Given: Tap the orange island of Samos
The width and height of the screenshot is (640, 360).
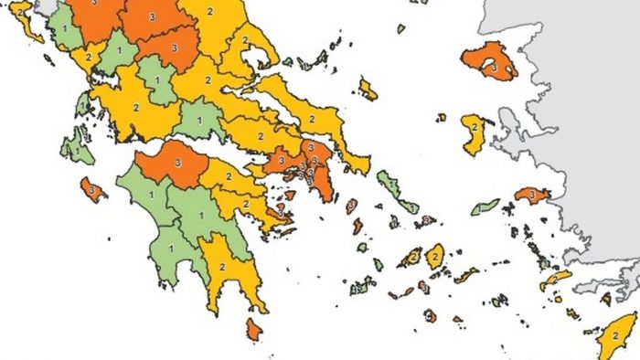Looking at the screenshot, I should (x=531, y=195).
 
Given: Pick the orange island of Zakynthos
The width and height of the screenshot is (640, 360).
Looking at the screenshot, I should (x=91, y=189).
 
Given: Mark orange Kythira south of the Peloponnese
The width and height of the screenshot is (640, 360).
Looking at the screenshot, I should (x=253, y=329).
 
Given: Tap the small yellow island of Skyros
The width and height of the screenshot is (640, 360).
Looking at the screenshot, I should (x=368, y=89).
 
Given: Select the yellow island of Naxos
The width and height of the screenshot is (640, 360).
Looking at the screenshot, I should (x=434, y=256).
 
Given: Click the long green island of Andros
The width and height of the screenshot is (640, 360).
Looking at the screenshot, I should (x=394, y=190).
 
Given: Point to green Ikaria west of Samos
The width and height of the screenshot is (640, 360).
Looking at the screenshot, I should (x=485, y=207).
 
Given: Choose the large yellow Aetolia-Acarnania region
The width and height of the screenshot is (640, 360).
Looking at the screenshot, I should (x=137, y=108).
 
